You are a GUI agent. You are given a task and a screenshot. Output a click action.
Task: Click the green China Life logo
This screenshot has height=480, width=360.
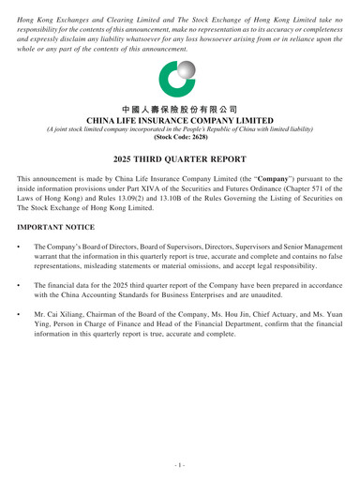click(x=179, y=80)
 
